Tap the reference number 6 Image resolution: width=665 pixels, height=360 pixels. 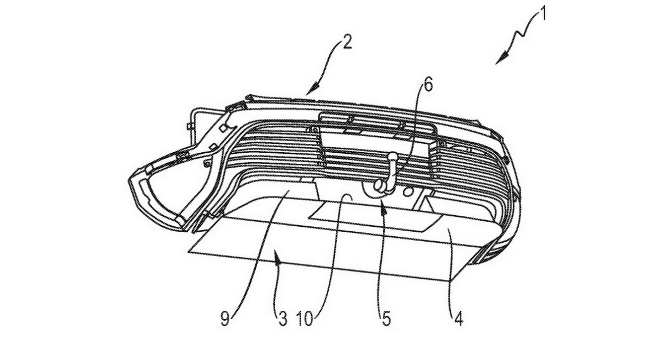(x=428, y=84)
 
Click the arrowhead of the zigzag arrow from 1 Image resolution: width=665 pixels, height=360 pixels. (x=499, y=61)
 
